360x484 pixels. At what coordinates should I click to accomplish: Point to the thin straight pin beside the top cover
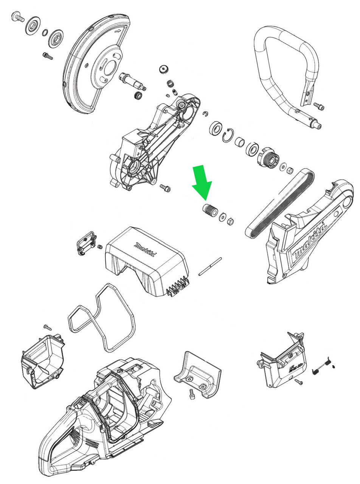click(210, 267)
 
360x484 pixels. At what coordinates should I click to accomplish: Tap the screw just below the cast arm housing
click(165, 187)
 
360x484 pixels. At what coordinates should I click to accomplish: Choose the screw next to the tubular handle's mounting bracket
click(318, 106)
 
